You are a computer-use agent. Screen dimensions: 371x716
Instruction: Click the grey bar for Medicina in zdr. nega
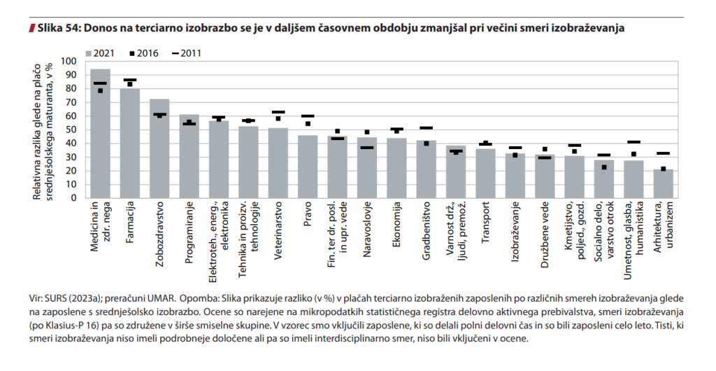[101, 133]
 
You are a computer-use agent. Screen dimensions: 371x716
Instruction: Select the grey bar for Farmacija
[130, 143]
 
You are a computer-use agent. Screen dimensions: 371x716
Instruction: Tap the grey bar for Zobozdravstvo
[159, 148]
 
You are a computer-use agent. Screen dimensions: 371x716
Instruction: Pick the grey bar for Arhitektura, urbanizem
[664, 183]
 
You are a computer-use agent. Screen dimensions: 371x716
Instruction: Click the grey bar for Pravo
[308, 167]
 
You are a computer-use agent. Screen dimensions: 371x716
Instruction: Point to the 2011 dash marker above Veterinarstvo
[278, 112]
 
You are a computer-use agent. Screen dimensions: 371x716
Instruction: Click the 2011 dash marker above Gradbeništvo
[427, 128]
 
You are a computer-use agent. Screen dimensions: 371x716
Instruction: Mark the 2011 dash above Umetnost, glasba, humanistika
[634, 142]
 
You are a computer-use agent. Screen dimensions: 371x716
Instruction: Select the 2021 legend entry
[99, 52]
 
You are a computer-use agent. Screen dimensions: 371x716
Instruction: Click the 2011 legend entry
[185, 52]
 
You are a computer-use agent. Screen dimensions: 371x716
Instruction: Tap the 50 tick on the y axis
[71, 129]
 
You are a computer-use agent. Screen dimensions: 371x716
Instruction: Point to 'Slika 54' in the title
[55, 28]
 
